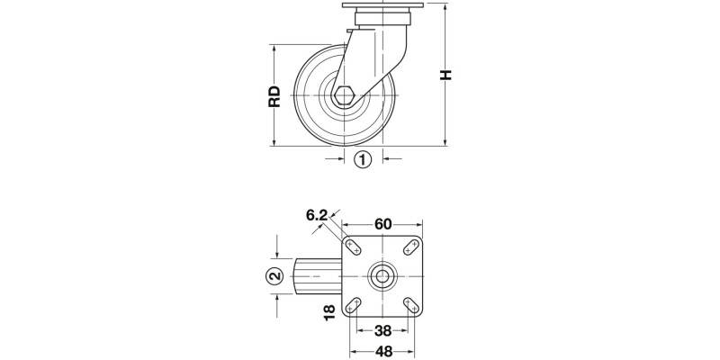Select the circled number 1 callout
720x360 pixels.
point(362,160)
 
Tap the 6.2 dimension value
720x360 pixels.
point(316,215)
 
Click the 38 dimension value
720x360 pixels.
point(383,329)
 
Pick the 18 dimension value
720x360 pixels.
point(329,312)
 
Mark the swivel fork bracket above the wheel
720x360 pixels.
point(379,54)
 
